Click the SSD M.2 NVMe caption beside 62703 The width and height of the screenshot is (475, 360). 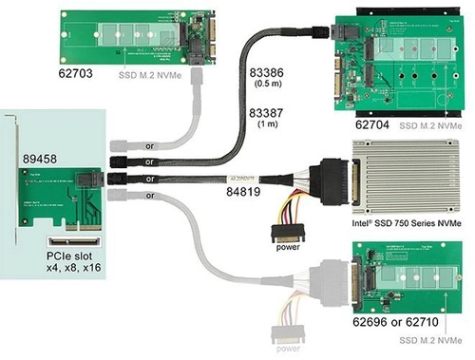coord(156,72)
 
